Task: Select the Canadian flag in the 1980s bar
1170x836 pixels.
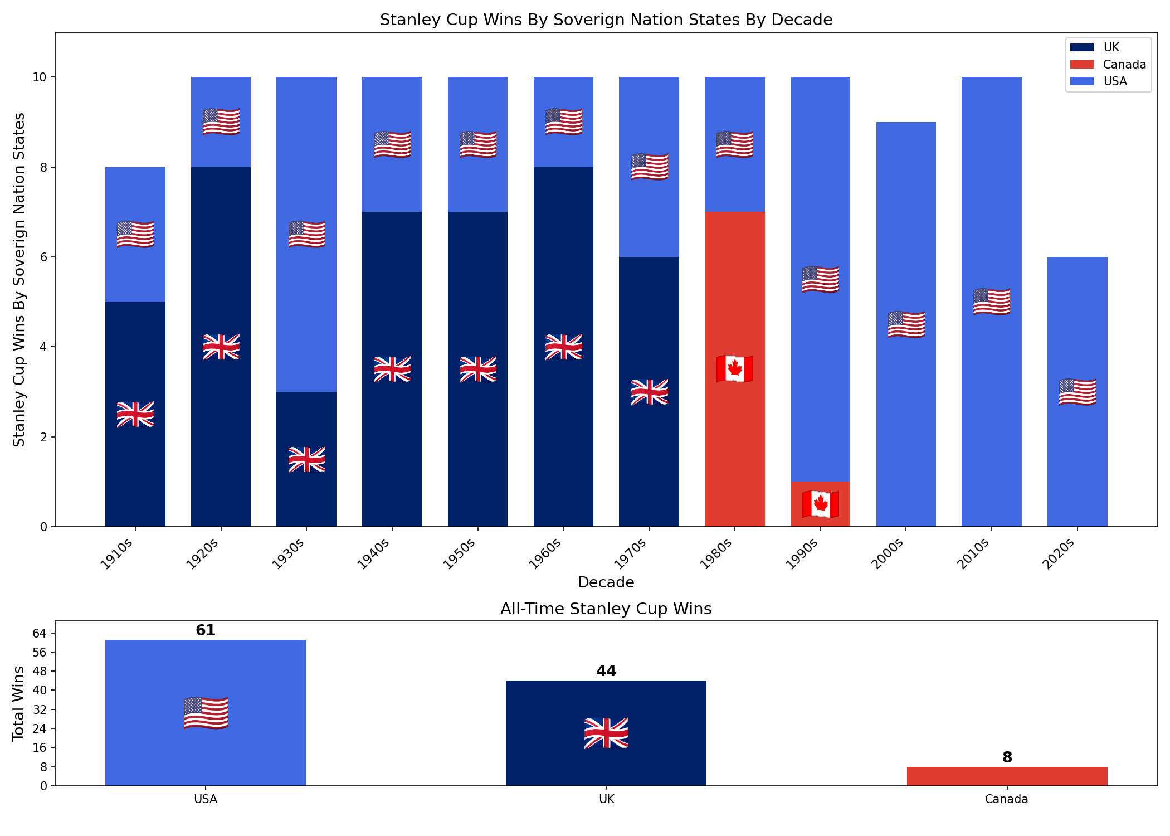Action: point(735,368)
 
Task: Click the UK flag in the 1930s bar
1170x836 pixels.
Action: point(306,459)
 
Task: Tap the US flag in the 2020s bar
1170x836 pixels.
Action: point(1077,392)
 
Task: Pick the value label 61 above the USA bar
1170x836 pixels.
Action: point(206,630)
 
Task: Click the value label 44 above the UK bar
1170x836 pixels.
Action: point(606,671)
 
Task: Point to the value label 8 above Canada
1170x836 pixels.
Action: point(1007,757)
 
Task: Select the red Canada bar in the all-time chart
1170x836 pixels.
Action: point(1007,776)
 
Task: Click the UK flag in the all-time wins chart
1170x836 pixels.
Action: point(606,733)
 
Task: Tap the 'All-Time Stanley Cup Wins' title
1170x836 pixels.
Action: point(606,609)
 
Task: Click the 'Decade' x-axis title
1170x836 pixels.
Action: point(606,582)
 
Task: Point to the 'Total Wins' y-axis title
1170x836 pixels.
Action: point(19,703)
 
